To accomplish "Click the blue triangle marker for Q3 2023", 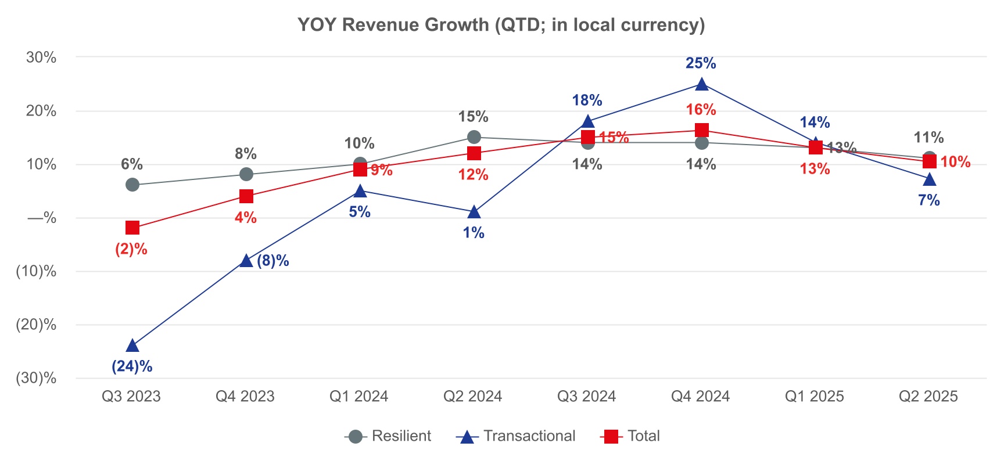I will (x=132, y=346).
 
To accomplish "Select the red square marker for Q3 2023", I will (x=132, y=228).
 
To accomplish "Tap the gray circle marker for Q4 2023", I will (x=246, y=174).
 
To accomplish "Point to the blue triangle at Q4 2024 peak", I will (x=702, y=85).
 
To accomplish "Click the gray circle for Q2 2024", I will (x=474, y=137).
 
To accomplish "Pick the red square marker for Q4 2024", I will (x=702, y=130).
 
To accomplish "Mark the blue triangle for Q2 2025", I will (x=930, y=180).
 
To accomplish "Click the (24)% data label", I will (x=132, y=366).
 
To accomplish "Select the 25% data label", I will (x=701, y=63).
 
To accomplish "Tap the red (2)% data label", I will (x=131, y=250).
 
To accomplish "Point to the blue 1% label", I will (x=474, y=233).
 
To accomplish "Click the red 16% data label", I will (x=701, y=110).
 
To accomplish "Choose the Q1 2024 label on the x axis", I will (x=359, y=397).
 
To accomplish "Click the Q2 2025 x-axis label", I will (x=928, y=397).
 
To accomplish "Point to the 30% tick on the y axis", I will (x=41, y=57).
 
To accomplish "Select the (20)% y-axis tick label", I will (x=36, y=325).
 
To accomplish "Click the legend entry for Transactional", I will (x=516, y=436).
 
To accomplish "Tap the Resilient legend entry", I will (x=388, y=436).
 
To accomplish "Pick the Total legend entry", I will (x=631, y=436).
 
